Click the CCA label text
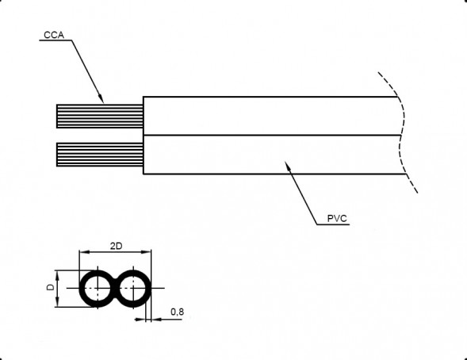coord(54,35)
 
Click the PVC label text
coord(337,219)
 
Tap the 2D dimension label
coord(116,247)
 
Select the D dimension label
coord(51,287)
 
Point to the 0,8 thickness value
coord(178,312)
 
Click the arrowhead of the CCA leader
coord(101,98)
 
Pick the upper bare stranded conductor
coord(100,116)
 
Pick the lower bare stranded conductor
coord(100,155)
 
